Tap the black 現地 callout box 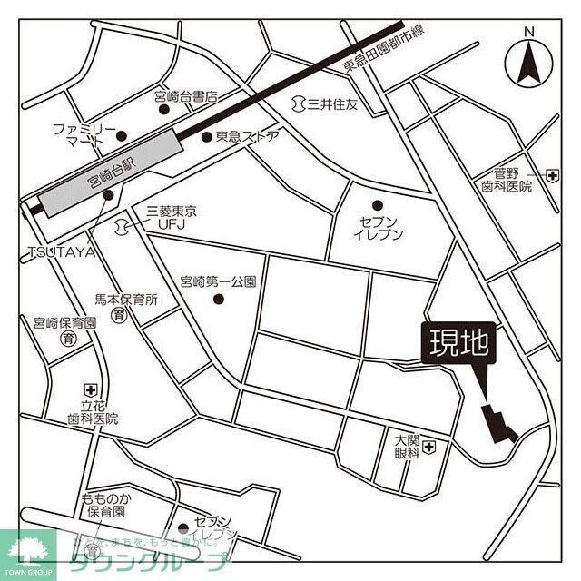pos(459,344)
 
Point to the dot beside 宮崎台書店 pos(164,110)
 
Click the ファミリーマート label pos(84,135)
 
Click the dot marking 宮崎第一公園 pos(216,297)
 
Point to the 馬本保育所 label pos(126,298)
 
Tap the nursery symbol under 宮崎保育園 pos(66,339)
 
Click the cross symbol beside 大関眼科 pos(429,447)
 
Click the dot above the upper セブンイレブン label pos(378,204)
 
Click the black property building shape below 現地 pos(497,424)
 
